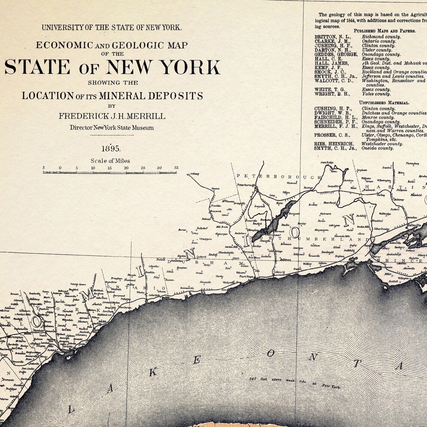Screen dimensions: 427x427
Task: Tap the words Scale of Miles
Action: point(110,161)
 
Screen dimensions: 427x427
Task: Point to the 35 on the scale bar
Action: point(176,168)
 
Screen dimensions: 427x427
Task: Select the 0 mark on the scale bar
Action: point(60,168)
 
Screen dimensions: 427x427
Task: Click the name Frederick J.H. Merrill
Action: point(112,116)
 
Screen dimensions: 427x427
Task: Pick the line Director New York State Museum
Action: point(112,128)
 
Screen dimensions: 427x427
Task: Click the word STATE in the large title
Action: point(37,67)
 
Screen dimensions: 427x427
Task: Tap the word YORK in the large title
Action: point(192,67)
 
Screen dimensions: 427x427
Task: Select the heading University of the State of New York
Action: point(112,27)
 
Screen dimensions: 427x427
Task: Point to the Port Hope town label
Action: point(247,276)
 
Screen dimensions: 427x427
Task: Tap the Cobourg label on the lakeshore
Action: point(279,272)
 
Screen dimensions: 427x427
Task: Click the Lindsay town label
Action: point(194,174)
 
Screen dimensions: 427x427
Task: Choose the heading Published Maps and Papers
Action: point(384,31)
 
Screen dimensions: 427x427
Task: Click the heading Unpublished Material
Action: point(384,103)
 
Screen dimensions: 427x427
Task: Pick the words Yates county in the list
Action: point(376,94)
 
